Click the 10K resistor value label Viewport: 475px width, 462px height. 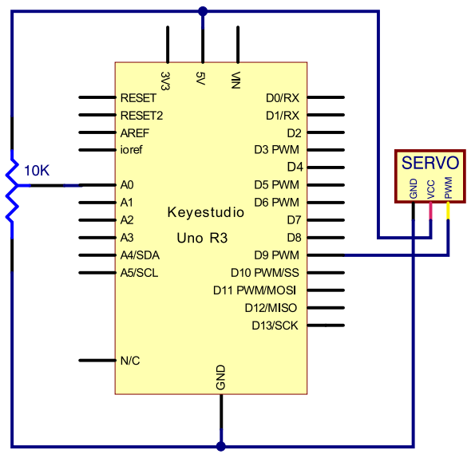[37, 171]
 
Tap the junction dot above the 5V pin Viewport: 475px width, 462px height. [203, 12]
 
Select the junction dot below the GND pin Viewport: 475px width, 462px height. [221, 446]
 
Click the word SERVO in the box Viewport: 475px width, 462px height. [430, 163]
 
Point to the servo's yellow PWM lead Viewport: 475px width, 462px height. [448, 211]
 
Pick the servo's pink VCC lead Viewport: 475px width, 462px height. [430, 211]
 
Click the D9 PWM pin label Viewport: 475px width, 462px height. [276, 255]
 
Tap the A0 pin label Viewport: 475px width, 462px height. [127, 184]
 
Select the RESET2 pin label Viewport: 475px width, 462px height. [141, 116]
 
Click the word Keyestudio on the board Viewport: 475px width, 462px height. [206, 212]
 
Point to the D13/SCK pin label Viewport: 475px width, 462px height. [275, 326]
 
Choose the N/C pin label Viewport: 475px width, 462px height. [130, 361]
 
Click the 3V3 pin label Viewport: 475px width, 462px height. [164, 81]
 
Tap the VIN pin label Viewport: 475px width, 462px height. [236, 81]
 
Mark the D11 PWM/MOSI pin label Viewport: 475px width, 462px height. [255, 290]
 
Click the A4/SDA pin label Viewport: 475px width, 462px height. [140, 255]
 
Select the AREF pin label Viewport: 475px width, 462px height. [135, 133]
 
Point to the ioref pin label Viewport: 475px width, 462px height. [131, 149]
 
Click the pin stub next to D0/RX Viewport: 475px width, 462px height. [326, 97]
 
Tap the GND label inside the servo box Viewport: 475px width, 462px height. [414, 188]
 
